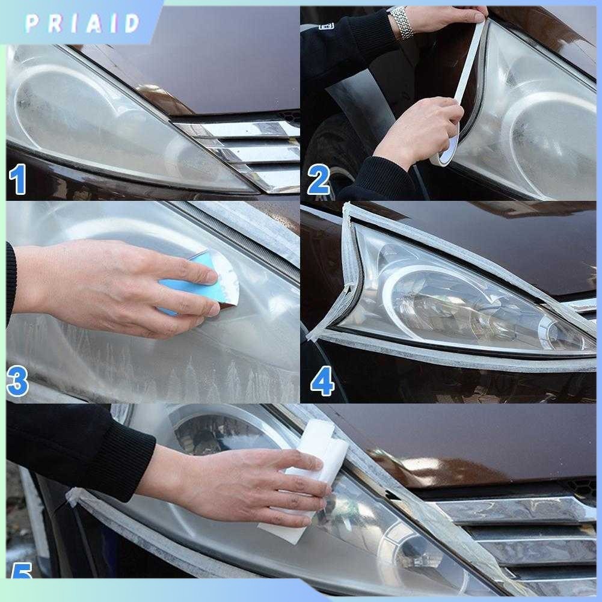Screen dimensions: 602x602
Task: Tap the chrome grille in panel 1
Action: [247, 150]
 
